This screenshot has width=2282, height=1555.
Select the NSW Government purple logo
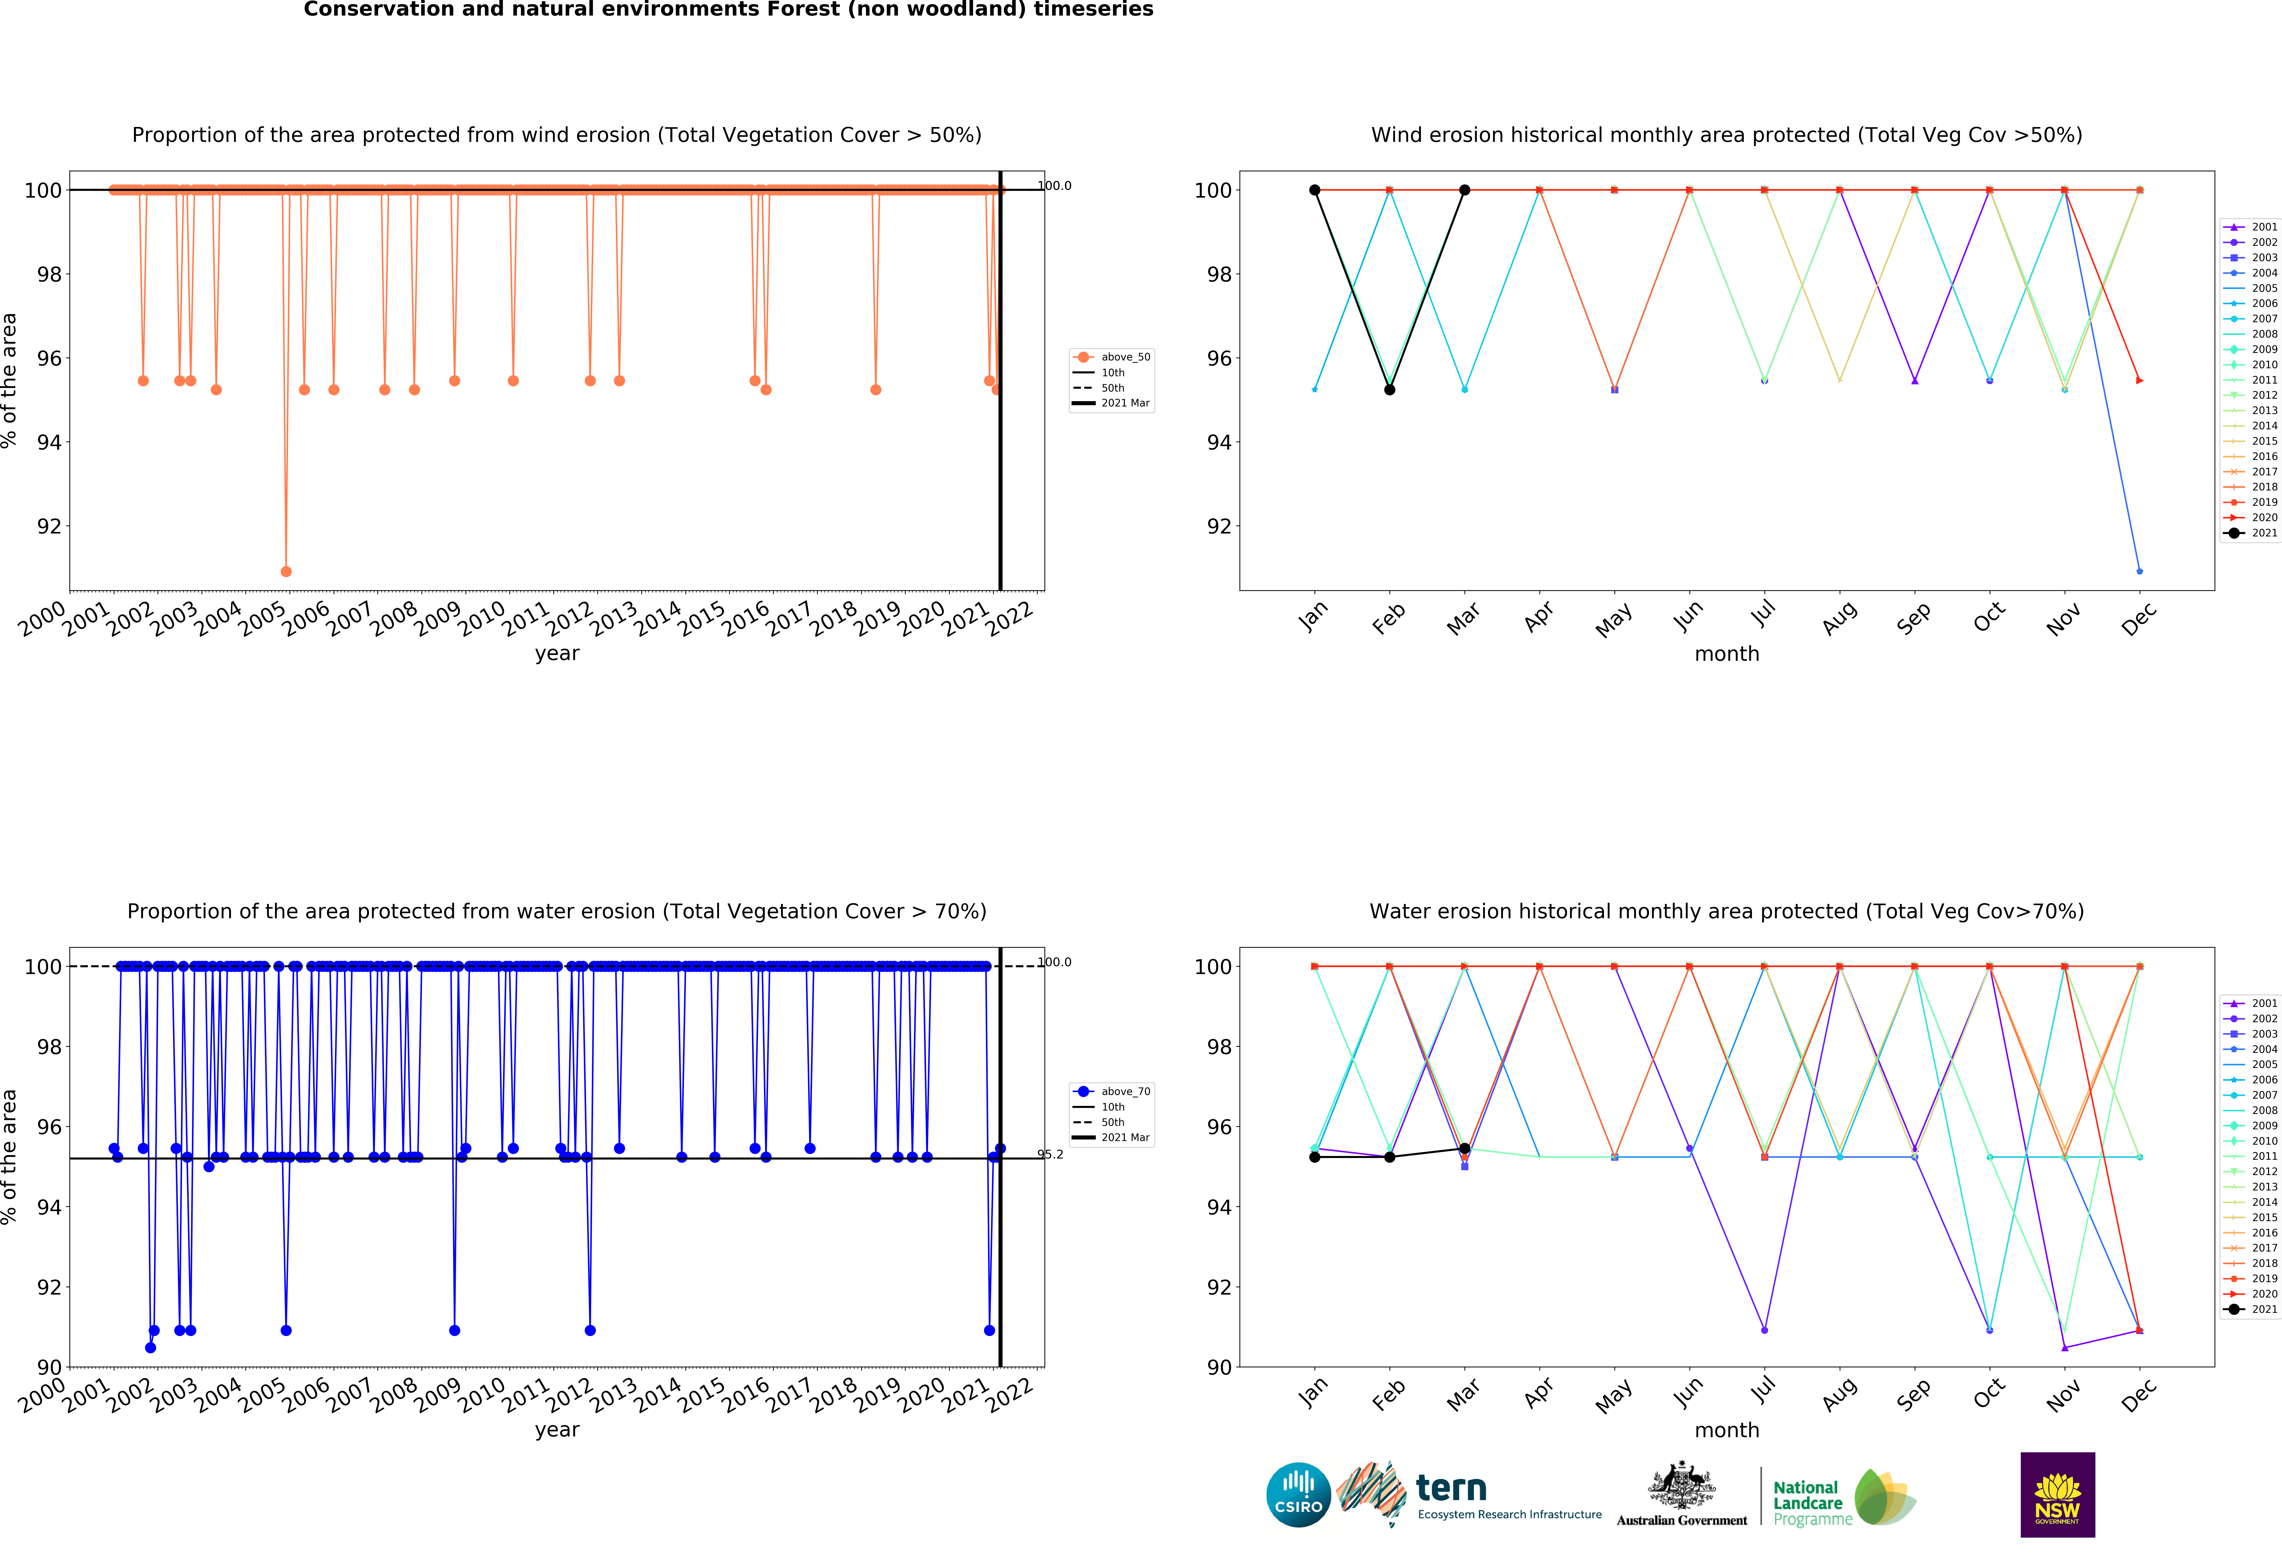(x=2057, y=1494)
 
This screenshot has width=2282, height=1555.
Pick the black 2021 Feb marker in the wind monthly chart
(x=1389, y=390)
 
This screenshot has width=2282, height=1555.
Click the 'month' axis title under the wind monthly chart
(x=1726, y=654)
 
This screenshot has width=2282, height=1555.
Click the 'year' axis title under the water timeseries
(x=557, y=1429)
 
